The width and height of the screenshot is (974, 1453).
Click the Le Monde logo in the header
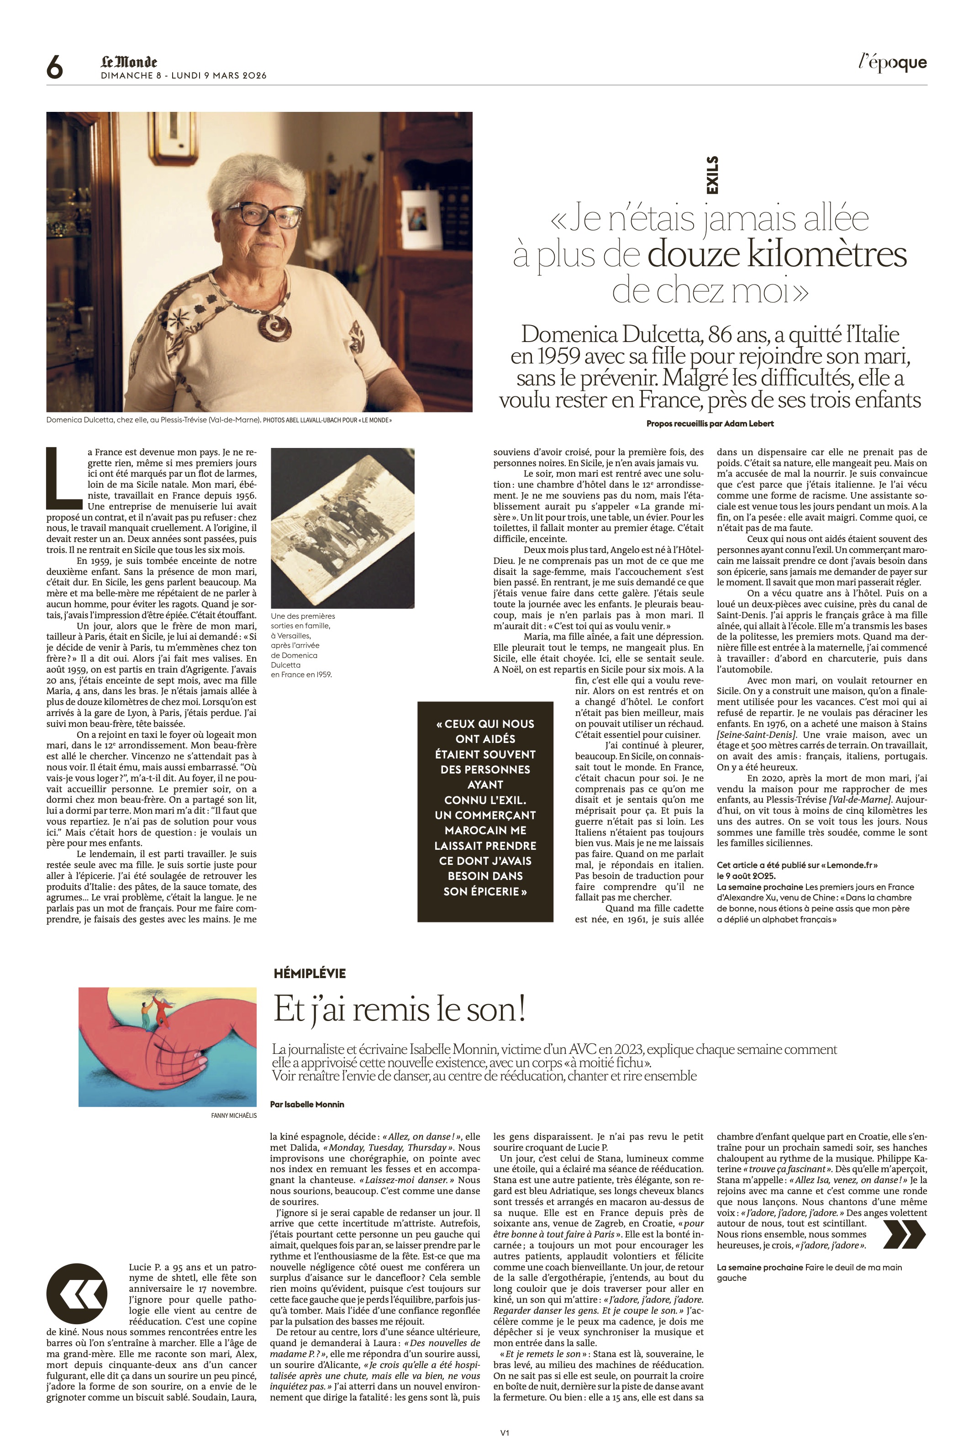[129, 62]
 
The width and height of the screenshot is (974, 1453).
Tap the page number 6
[55, 67]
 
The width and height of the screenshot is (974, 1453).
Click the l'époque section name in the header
[893, 63]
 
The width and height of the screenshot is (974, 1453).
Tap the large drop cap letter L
[64, 474]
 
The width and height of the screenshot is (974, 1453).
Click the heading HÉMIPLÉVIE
[309, 974]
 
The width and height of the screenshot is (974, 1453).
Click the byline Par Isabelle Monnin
[307, 1105]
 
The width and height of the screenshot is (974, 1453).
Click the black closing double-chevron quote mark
[903, 1234]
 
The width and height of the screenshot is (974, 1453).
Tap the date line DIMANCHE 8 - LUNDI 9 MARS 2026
[184, 76]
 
